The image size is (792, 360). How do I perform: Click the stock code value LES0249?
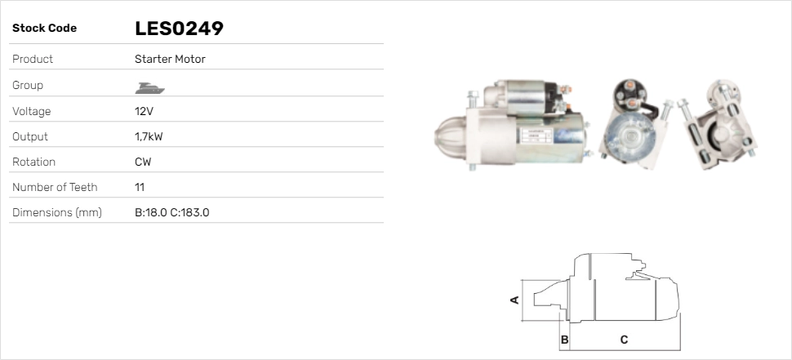[x=179, y=29]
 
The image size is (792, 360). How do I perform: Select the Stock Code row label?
[x=44, y=29]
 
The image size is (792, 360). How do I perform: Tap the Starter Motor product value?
[x=170, y=59]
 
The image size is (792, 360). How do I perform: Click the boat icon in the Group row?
[x=150, y=88]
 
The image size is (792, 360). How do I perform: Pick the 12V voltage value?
[x=144, y=111]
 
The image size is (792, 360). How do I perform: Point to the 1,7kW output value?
[x=149, y=137]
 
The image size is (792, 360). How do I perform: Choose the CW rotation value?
[x=143, y=162]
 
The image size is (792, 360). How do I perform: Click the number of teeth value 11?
[x=140, y=187]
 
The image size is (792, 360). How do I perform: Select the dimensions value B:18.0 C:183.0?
[x=172, y=212]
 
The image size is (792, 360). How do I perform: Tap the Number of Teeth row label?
[x=55, y=187]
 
